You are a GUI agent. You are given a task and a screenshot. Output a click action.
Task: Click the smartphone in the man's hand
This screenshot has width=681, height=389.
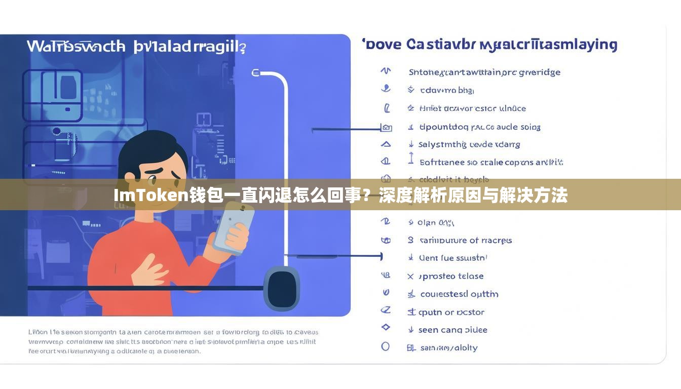(x=234, y=226)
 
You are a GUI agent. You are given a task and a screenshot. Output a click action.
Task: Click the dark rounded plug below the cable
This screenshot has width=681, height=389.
(x=282, y=289)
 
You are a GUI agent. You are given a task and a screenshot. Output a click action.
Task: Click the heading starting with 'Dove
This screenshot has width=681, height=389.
(x=490, y=45)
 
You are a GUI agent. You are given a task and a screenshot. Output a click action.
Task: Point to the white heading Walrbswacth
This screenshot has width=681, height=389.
(x=76, y=47)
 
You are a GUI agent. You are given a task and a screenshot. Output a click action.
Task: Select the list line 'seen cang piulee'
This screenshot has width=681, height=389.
(x=452, y=330)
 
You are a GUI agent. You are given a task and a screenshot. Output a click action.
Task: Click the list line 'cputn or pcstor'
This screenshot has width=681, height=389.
(x=451, y=312)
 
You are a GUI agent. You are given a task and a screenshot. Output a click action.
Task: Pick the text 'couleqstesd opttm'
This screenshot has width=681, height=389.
(x=459, y=294)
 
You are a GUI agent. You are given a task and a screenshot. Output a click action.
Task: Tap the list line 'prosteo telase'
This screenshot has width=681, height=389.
(x=451, y=276)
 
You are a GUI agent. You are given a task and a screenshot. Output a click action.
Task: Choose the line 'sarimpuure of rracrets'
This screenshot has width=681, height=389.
(x=465, y=240)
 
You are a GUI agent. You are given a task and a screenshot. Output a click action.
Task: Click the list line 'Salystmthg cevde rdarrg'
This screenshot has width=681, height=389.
(x=469, y=144)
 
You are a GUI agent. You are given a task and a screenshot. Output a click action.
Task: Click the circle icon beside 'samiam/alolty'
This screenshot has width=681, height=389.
(x=386, y=346)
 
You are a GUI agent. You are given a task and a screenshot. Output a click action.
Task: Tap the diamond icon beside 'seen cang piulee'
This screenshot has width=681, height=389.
(x=386, y=327)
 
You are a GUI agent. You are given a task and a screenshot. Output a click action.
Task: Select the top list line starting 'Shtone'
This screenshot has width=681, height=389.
(x=484, y=72)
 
